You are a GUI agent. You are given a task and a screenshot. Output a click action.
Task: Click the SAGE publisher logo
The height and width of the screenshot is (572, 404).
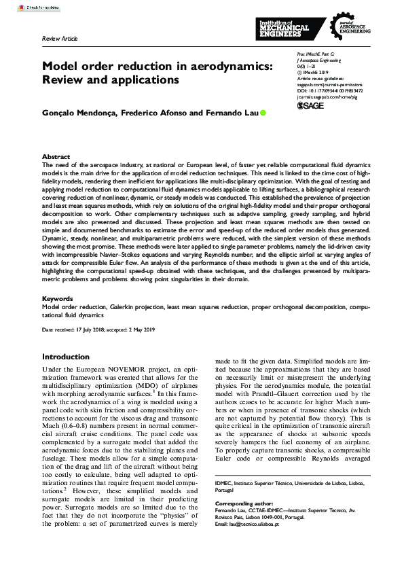click(x=311, y=106)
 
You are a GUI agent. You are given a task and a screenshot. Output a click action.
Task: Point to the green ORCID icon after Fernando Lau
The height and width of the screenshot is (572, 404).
click(x=263, y=112)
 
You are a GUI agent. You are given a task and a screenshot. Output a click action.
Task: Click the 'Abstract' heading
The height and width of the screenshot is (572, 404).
click(x=56, y=156)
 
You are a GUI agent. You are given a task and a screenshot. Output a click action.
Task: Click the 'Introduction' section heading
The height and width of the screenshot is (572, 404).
click(x=70, y=357)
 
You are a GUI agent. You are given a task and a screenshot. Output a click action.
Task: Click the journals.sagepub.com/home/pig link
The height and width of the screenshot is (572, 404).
click(x=329, y=96)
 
